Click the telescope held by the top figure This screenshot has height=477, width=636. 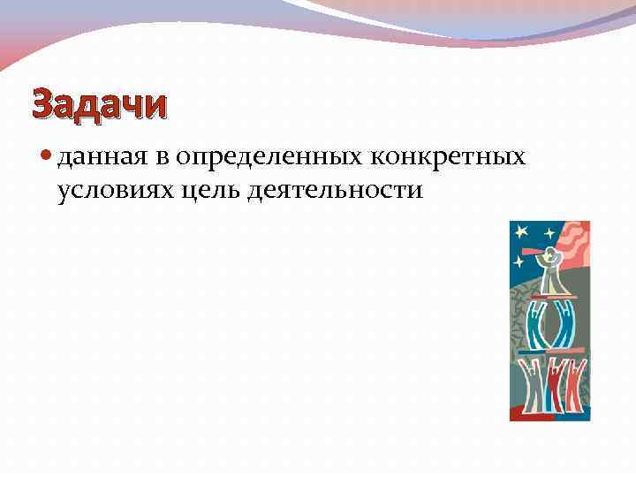pos(534,252)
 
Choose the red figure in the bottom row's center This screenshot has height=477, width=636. pos(553,386)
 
